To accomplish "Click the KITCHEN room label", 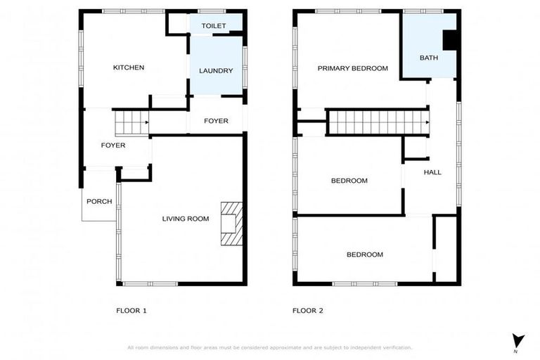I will (129, 67).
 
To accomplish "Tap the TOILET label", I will (213, 26).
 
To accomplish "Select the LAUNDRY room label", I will (216, 71).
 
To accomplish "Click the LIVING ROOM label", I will (186, 219).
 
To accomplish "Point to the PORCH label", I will (99, 201).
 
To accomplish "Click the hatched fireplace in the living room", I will (231, 223).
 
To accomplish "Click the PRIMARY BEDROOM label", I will (352, 68).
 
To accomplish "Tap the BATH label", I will (428, 58).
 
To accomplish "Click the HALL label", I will (432, 172).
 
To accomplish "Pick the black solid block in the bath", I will (450, 41).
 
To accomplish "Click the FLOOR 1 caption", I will (131, 310).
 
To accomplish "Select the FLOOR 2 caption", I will (308, 310).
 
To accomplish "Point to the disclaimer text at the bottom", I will (269, 347).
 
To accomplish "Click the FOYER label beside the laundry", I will (216, 121).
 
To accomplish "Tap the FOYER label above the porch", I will (113, 146).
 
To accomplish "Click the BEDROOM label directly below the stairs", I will (349, 181).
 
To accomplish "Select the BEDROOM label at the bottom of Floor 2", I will (365, 255).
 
